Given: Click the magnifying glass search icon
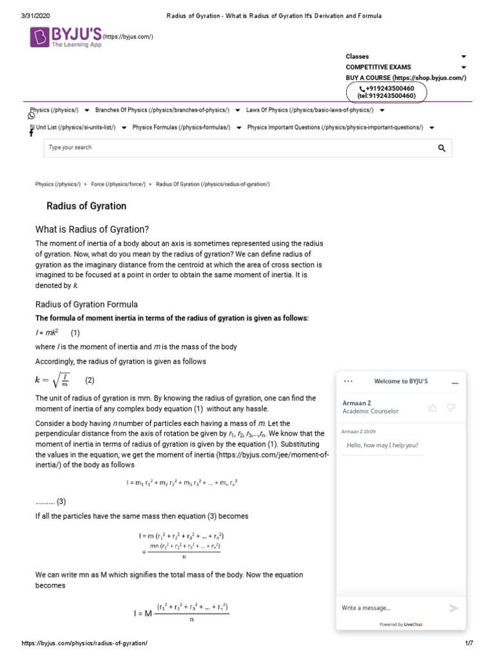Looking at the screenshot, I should tap(442, 148).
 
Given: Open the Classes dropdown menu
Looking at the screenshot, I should tap(405, 57).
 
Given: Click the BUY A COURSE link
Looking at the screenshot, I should tap(405, 77).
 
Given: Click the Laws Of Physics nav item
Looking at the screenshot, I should tap(309, 110).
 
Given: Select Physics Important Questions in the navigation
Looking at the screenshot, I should tap(335, 128).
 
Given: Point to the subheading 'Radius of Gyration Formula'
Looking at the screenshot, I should tap(86, 304).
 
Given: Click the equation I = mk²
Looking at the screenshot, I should tap(47, 333).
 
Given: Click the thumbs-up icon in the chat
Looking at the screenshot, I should tap(432, 407).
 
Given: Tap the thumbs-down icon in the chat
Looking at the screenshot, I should tap(451, 407).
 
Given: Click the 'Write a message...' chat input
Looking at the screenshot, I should tap(387, 608).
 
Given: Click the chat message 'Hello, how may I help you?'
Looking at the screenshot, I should tap(383, 445).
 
